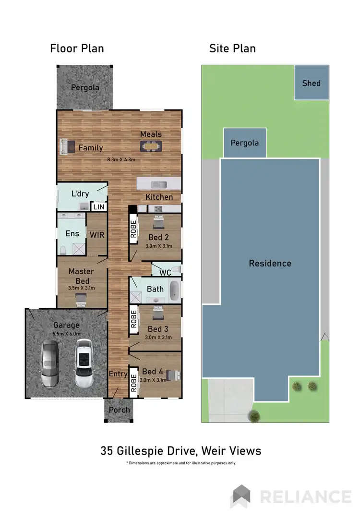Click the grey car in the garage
click(50, 363)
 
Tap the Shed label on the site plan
click(311, 83)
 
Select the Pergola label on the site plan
click(244, 143)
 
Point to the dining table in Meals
click(151, 145)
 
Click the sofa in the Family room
click(64, 146)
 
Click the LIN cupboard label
click(98, 207)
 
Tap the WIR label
click(97, 235)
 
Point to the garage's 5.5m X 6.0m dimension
click(67, 334)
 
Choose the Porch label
click(119, 410)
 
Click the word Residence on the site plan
click(270, 263)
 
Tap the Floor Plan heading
click(77, 48)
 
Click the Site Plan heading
click(232, 48)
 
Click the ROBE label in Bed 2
click(133, 230)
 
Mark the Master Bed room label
click(81, 276)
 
